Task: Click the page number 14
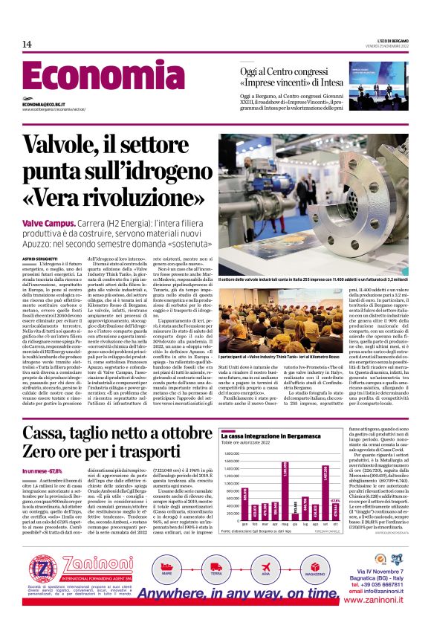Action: (x=27, y=44)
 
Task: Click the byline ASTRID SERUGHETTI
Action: (x=39, y=257)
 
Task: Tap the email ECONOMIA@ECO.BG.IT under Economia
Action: (x=46, y=105)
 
